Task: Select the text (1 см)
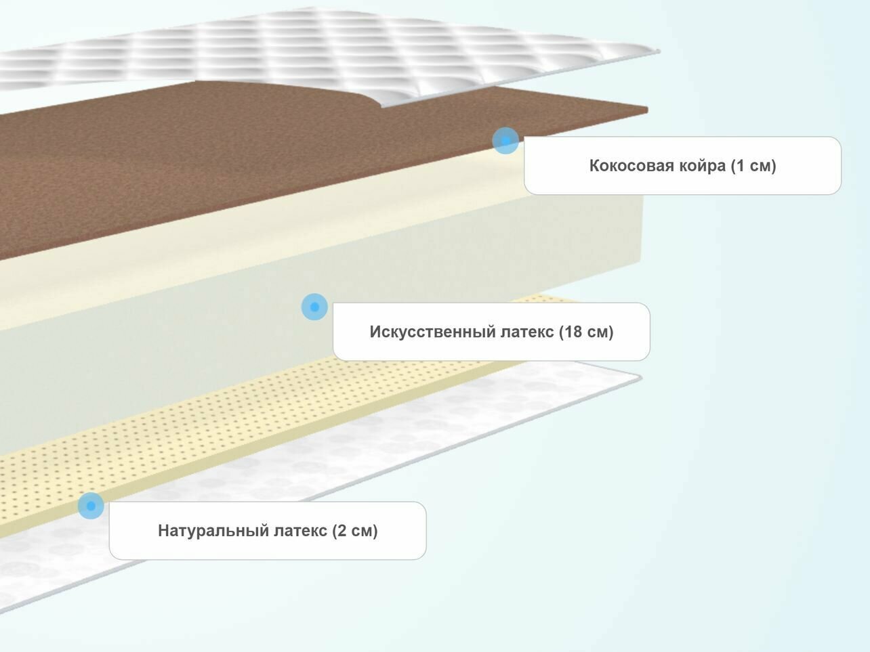pos(753,166)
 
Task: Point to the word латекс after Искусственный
pos(527,332)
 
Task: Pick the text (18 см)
pos(586,332)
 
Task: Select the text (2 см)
pos(355,531)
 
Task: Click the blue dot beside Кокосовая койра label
pos(505,141)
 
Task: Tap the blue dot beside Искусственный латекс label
pos(314,307)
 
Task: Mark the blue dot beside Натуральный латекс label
pos(91,506)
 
